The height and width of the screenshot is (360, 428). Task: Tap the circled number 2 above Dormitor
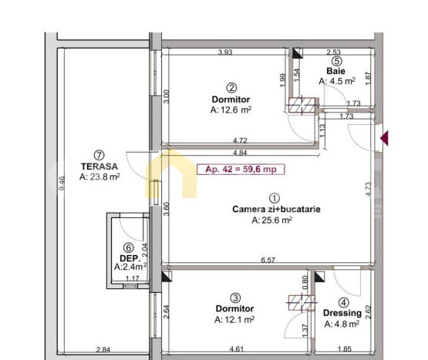pyautogui.click(x=231, y=87)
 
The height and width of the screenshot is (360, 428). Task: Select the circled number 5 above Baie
pyautogui.click(x=336, y=62)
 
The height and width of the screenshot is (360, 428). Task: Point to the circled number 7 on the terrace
pyautogui.click(x=99, y=153)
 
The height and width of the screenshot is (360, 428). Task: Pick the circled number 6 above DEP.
pyautogui.click(x=128, y=247)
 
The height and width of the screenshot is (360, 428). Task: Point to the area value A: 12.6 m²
pyautogui.click(x=231, y=110)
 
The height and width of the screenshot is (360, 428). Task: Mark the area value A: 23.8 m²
pyautogui.click(x=99, y=177)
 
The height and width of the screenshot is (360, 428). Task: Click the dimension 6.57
pyautogui.click(x=268, y=261)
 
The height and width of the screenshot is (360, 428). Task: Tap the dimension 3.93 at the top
pyautogui.click(x=225, y=52)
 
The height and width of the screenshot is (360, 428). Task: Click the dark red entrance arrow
pyautogui.click(x=385, y=138)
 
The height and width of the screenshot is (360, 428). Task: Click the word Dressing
pyautogui.click(x=342, y=314)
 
